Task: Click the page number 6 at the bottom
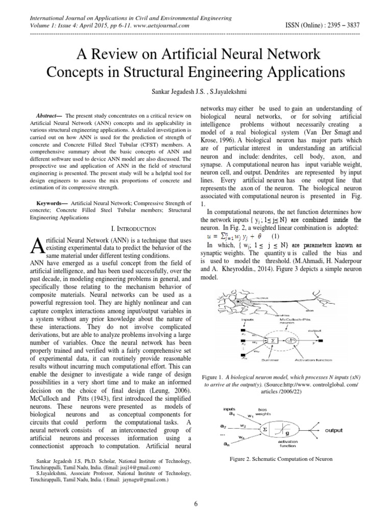click(x=196, y=504)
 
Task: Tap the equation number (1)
click(x=275, y=236)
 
